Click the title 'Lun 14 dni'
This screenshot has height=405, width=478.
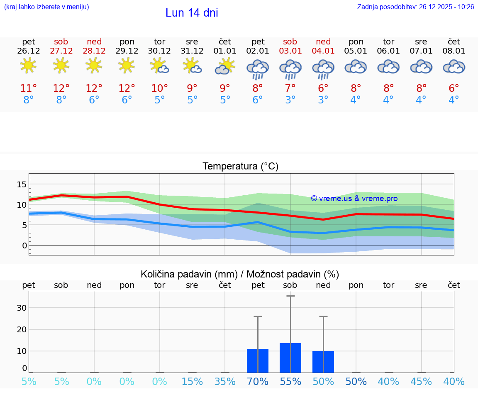[x=192, y=13]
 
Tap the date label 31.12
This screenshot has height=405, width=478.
[x=192, y=51]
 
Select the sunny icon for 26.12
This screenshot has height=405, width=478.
[x=28, y=66]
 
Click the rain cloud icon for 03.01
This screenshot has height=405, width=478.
[x=290, y=69]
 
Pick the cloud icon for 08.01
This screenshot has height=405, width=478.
[x=454, y=67]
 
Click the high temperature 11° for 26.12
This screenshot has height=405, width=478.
[x=29, y=88]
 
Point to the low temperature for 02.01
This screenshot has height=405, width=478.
[x=258, y=100]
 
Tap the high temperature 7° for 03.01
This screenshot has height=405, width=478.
[x=290, y=88]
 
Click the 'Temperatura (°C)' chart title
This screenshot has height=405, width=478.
[x=240, y=167]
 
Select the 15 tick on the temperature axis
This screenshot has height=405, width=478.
[x=22, y=184]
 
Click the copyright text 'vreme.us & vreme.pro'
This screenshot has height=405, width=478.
[x=354, y=199]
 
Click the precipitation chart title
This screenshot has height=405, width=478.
[x=240, y=274]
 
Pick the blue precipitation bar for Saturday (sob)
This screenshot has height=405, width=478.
[x=290, y=358]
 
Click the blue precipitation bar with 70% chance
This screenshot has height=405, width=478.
[x=258, y=361]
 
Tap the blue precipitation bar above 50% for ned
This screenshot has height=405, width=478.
[x=323, y=361]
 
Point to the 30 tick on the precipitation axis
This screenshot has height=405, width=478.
[x=22, y=308]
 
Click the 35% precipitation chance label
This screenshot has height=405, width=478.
[x=225, y=382]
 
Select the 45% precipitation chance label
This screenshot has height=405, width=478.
[x=421, y=382]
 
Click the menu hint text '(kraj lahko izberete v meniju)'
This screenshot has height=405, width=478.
[x=46, y=7]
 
